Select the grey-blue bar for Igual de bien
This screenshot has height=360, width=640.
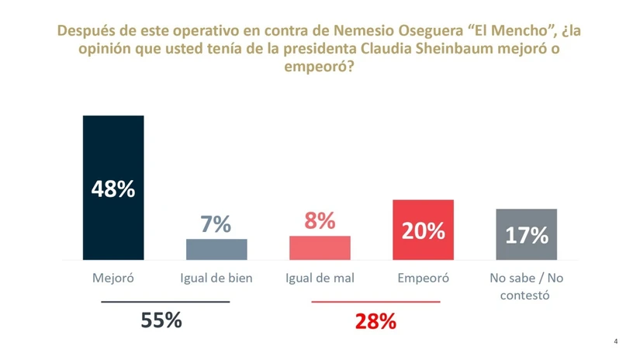coord(216,249)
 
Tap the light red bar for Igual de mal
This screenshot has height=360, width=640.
coord(320,247)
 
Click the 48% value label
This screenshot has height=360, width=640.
coord(113,189)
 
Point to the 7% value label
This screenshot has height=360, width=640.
coord(216,224)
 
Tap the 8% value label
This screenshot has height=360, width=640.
coord(320,221)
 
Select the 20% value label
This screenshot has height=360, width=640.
coord(423,230)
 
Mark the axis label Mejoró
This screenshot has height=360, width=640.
coord(113,278)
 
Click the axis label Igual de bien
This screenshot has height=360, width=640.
coord(216,278)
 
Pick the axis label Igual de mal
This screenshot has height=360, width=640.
coord(320,278)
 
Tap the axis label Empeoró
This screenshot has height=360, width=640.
coord(423,278)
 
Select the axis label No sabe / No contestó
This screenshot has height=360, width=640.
coord(527,286)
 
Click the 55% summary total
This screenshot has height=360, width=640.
coord(161,319)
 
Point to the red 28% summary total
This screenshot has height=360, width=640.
coord(375,321)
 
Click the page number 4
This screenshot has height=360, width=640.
coord(616,341)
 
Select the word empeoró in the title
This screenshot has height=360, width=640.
coord(320,67)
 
